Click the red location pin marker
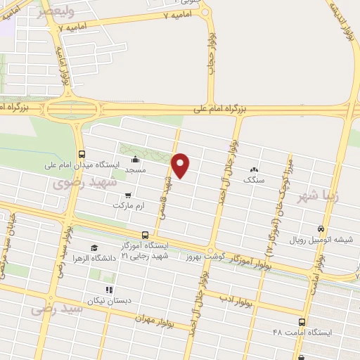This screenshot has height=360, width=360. tap(181, 165)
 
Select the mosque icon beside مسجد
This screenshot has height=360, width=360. tap(134, 160)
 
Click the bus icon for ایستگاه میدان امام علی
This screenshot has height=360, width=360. tap(82, 154)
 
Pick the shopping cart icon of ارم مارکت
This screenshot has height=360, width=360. tap(127, 196)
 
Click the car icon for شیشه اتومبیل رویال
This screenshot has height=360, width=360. tap(321, 229)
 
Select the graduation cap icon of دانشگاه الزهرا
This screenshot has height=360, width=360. tap(94, 247)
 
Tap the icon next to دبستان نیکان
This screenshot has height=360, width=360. tap(108, 289)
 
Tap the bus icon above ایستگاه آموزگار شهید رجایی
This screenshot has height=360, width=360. tap(145, 235)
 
